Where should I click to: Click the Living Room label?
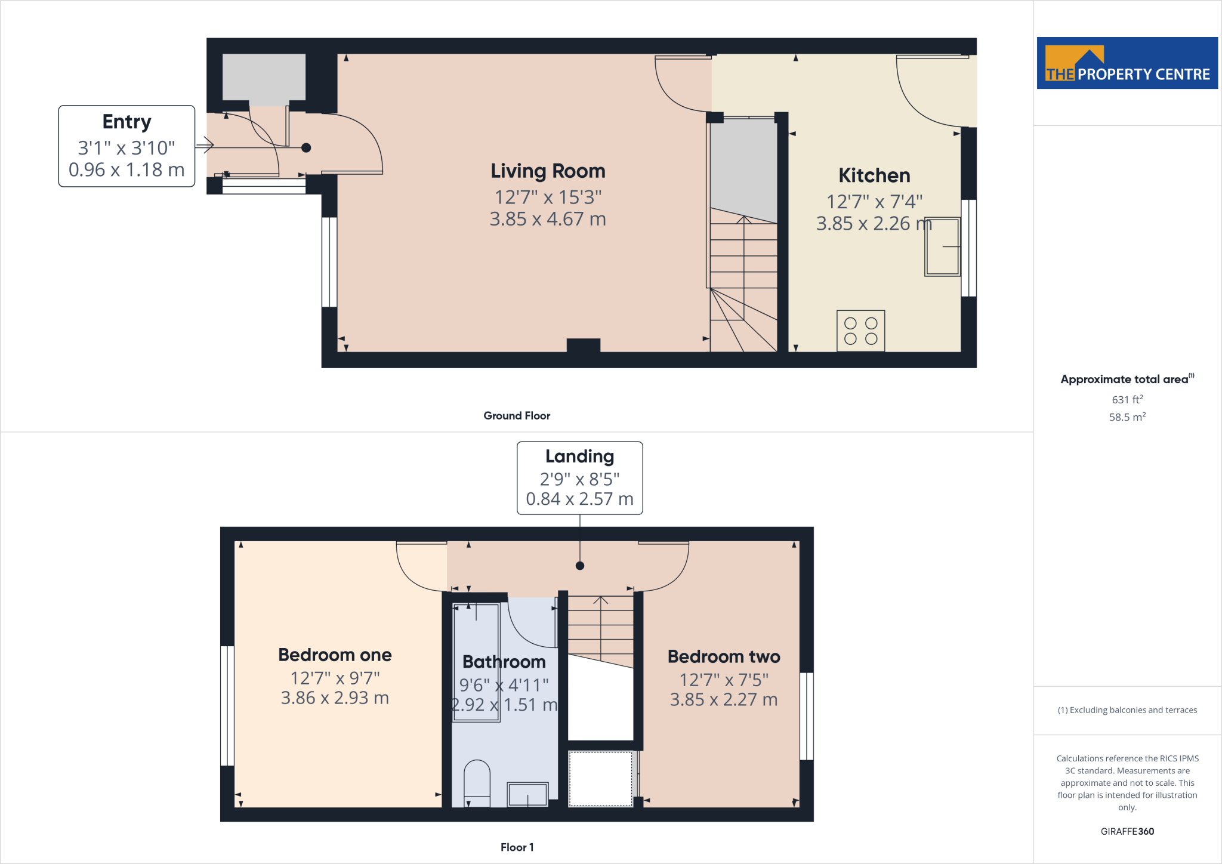coord(548,171)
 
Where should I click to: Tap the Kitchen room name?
coord(874,175)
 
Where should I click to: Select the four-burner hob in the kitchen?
coord(860,331)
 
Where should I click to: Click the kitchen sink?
coord(942,246)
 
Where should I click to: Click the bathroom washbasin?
coord(527,794)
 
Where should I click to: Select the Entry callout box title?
coord(126,122)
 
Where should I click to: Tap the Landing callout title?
coord(579,456)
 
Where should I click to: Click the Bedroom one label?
coord(335,655)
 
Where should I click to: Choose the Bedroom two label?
coord(724,657)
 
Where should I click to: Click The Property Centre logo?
coord(1127,63)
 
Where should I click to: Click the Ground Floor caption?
coord(517,416)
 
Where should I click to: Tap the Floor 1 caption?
coord(517,847)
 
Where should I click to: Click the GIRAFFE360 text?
coord(1127,831)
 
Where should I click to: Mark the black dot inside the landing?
coord(580,566)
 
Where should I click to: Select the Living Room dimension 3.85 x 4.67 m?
coord(548,219)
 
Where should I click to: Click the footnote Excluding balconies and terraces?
coord(1127,710)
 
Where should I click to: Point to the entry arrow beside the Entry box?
coord(205,144)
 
